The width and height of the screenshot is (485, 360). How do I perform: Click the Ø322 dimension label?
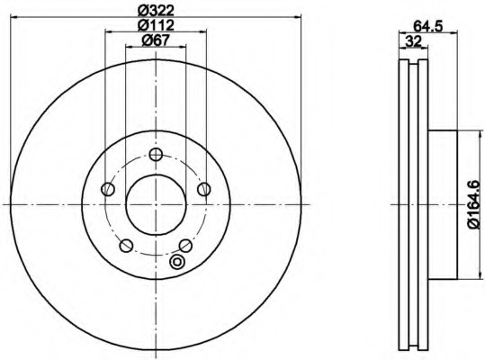(x=156, y=11)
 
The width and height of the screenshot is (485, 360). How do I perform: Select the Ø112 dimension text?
(x=156, y=24)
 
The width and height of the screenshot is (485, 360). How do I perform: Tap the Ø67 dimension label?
(x=156, y=40)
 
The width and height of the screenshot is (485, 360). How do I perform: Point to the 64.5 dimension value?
(x=428, y=26)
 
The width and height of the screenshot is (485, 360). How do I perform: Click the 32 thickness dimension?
(x=414, y=41)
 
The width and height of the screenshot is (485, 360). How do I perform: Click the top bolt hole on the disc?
(x=156, y=154)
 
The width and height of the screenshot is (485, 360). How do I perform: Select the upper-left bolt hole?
(x=108, y=189)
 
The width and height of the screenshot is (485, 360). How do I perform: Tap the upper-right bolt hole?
(x=204, y=189)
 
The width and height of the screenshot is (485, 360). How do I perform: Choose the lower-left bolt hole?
(x=126, y=246)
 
